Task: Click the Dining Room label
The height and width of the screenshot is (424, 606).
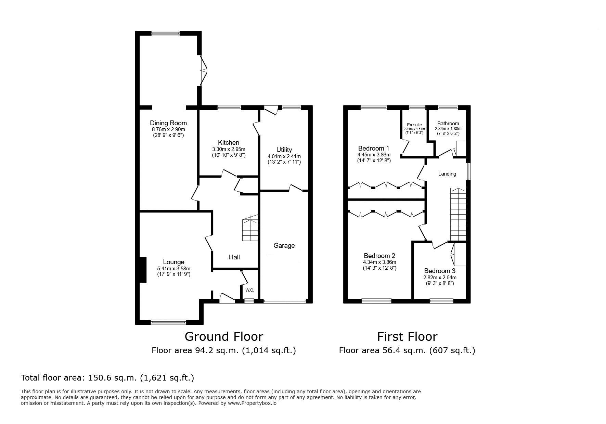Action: click(168, 123)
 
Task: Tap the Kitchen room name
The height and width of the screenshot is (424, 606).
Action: click(229, 143)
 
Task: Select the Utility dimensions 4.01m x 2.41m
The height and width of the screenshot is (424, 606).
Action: click(284, 156)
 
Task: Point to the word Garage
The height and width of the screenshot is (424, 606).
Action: click(284, 245)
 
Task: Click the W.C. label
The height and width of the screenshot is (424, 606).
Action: click(249, 290)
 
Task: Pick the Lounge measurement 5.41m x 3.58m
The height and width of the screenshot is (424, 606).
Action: click(173, 269)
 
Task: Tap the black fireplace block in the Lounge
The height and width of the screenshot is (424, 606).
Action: click(143, 270)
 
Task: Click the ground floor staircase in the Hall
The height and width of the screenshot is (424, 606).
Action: click(250, 228)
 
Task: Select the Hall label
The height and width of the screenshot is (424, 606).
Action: click(234, 257)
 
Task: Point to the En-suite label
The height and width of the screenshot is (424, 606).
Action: click(414, 125)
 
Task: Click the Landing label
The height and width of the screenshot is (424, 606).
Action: click(447, 174)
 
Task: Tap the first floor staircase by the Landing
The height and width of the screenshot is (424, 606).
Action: click(458, 214)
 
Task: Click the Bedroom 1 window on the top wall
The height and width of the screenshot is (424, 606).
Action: click(373, 107)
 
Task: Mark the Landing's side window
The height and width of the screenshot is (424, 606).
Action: click(469, 171)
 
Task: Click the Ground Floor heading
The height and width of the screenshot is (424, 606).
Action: click(224, 337)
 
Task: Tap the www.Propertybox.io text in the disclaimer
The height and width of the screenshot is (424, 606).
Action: click(252, 403)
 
